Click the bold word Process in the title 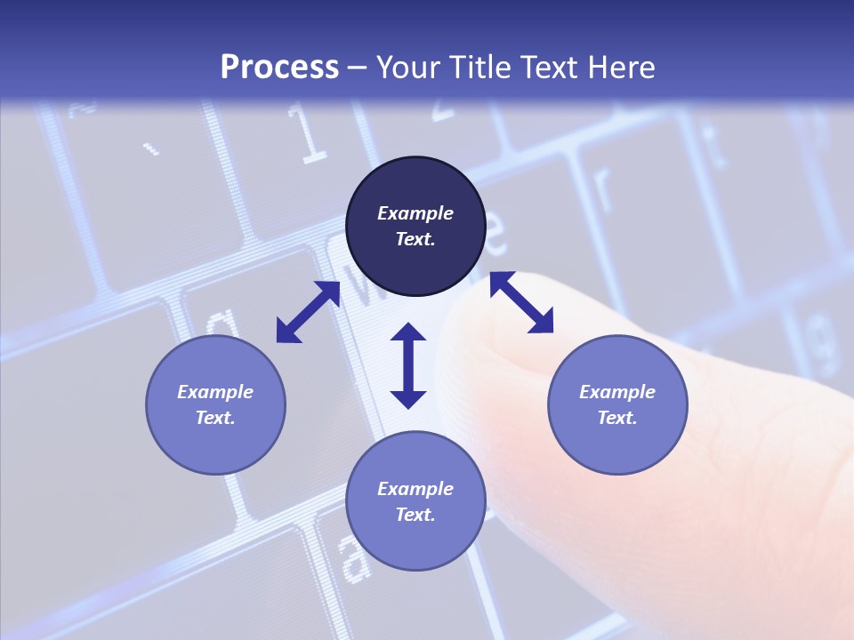(279, 67)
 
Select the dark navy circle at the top (415, 227)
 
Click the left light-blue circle (215, 404)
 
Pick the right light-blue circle (617, 404)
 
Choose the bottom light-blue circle (415, 500)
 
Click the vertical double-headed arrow (408, 365)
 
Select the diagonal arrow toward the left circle (308, 312)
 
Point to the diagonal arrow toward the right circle (521, 302)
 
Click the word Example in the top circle (415, 213)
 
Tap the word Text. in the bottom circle (415, 515)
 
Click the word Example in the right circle (617, 392)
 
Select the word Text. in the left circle (215, 418)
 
